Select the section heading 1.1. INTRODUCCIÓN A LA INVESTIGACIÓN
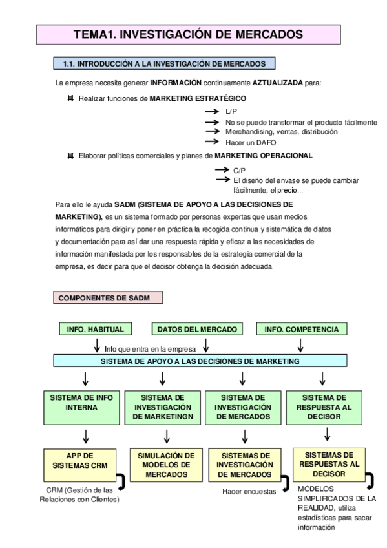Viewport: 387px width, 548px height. [164, 63]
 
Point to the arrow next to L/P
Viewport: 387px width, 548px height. [213, 112]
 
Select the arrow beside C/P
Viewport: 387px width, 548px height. [222, 171]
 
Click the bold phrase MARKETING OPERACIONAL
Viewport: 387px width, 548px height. [264, 156]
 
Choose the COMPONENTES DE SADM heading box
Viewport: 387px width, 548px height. [107, 298]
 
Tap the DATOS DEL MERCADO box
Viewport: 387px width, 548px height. [198, 329]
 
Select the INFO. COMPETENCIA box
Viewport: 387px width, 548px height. [301, 329]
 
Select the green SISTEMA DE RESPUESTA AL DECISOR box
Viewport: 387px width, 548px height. [324, 406]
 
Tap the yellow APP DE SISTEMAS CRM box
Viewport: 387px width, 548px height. [81, 460]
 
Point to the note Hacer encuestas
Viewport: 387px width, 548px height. [249, 492]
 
